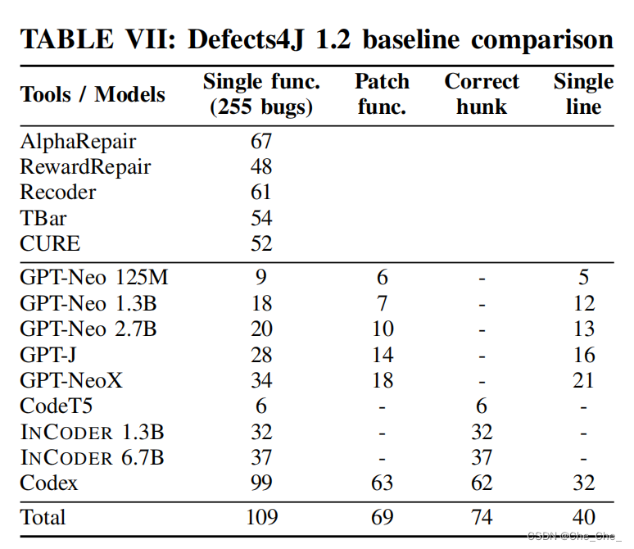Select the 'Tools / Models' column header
tap(93, 94)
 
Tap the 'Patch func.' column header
tap(382, 94)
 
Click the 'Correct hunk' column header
tap(482, 94)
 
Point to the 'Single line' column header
tap(583, 94)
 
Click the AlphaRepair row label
tap(78, 141)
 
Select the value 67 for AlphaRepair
tap(261, 141)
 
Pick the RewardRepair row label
tap(85, 167)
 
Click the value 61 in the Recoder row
tap(261, 193)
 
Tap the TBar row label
tap(43, 218)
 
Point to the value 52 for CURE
tap(261, 243)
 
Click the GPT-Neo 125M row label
tap(94, 278)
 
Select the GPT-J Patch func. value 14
tap(382, 355)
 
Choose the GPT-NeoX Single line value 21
tap(583, 380)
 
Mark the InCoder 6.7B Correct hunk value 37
tap(482, 457)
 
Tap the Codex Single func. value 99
tap(261, 483)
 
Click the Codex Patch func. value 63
tap(382, 483)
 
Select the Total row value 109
tap(261, 517)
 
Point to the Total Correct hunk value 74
tap(482, 517)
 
